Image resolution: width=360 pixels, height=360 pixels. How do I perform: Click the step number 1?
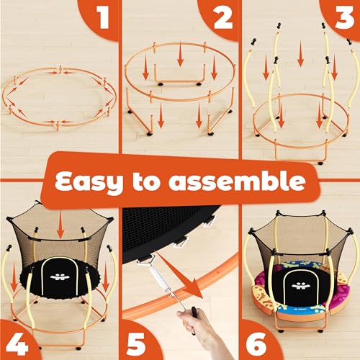(x=104, y=17)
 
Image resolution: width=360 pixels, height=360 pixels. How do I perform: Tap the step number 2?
(x=222, y=17)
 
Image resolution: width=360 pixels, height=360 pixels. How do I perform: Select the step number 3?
(x=344, y=17)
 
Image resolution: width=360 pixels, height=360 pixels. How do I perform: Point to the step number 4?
(x=17, y=343)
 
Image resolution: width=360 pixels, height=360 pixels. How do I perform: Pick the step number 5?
(x=135, y=343)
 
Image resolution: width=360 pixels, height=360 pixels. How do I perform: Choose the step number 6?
(x=256, y=343)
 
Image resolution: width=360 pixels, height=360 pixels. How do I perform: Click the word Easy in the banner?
(x=89, y=181)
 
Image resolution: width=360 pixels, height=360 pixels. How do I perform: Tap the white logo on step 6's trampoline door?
(x=300, y=286)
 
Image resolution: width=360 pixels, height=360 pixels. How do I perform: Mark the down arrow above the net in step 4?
(x=60, y=225)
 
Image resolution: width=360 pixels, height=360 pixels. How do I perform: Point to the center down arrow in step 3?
(x=300, y=53)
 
